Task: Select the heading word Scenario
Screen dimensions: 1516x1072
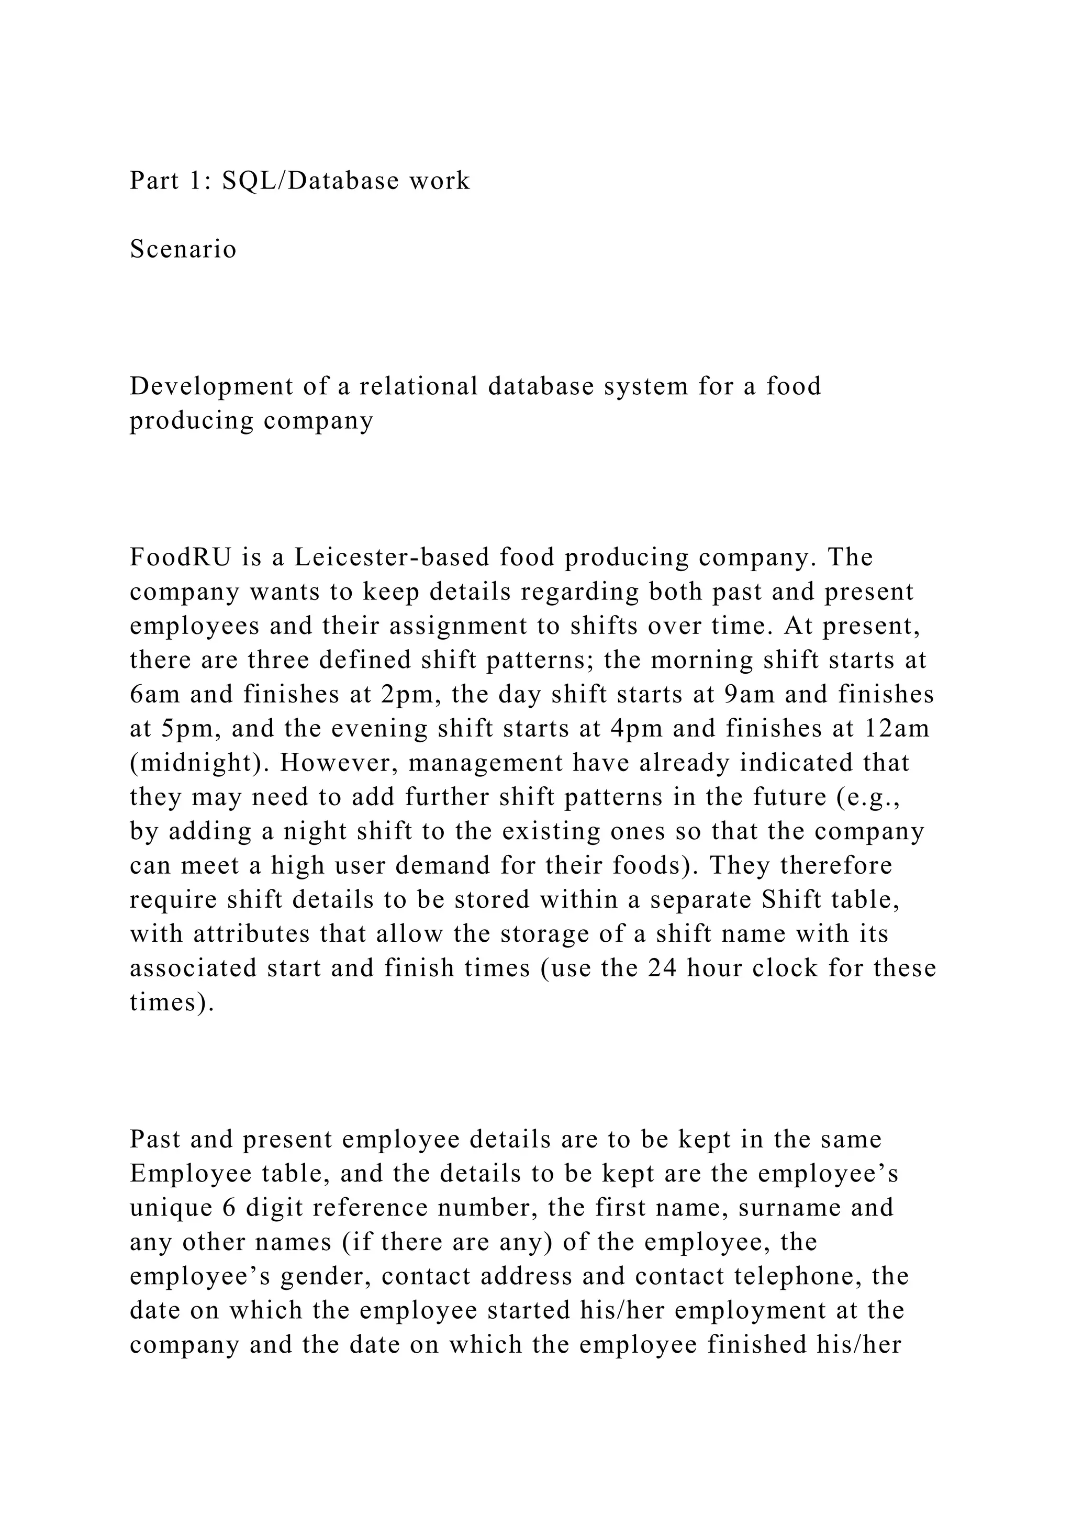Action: point(183,249)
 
